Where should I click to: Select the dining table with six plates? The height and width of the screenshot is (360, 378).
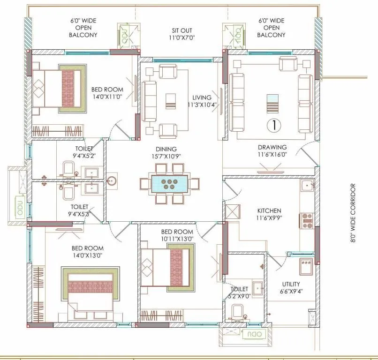[169, 183]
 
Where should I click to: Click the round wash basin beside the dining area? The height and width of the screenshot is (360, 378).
[112, 180]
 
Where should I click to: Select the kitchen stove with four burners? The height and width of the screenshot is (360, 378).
[307, 220]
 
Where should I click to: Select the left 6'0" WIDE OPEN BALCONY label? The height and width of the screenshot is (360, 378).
[83, 28]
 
